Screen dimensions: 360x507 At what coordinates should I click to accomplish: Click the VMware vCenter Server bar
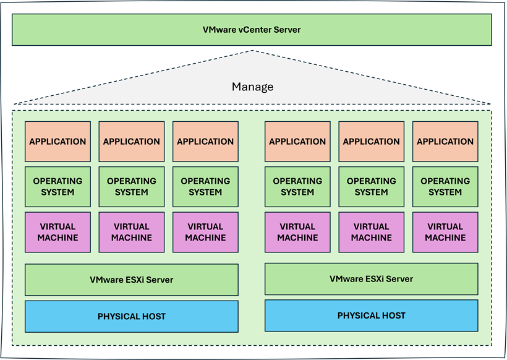(x=252, y=30)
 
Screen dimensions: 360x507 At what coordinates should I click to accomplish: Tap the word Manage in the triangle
(x=252, y=87)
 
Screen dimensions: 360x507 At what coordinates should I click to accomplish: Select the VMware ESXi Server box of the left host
(x=131, y=280)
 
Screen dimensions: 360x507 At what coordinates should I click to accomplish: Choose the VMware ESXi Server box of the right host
(x=371, y=279)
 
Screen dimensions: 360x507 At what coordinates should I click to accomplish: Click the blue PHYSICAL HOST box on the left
(x=131, y=316)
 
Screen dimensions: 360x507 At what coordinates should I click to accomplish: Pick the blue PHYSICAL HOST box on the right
(x=371, y=315)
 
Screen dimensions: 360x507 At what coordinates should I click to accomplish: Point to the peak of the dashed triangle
(x=253, y=51)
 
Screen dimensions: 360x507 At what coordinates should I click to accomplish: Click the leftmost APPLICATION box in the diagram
(x=58, y=142)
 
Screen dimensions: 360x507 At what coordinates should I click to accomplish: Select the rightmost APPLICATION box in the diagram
(x=445, y=142)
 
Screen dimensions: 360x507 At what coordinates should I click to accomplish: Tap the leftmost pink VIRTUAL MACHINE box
(x=58, y=232)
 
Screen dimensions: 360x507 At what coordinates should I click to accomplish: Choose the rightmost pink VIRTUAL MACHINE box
(x=445, y=232)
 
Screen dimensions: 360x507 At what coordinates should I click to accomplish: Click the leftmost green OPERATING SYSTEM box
(x=58, y=187)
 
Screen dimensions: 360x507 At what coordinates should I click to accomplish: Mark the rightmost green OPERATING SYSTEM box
(x=445, y=187)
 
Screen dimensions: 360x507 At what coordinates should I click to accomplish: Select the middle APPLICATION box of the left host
(x=131, y=142)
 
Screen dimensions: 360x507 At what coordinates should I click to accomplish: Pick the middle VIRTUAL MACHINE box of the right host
(x=371, y=232)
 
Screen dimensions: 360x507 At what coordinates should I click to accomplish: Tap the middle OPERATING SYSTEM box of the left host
(x=131, y=187)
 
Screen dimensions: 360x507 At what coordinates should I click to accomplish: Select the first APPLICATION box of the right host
(x=297, y=142)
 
